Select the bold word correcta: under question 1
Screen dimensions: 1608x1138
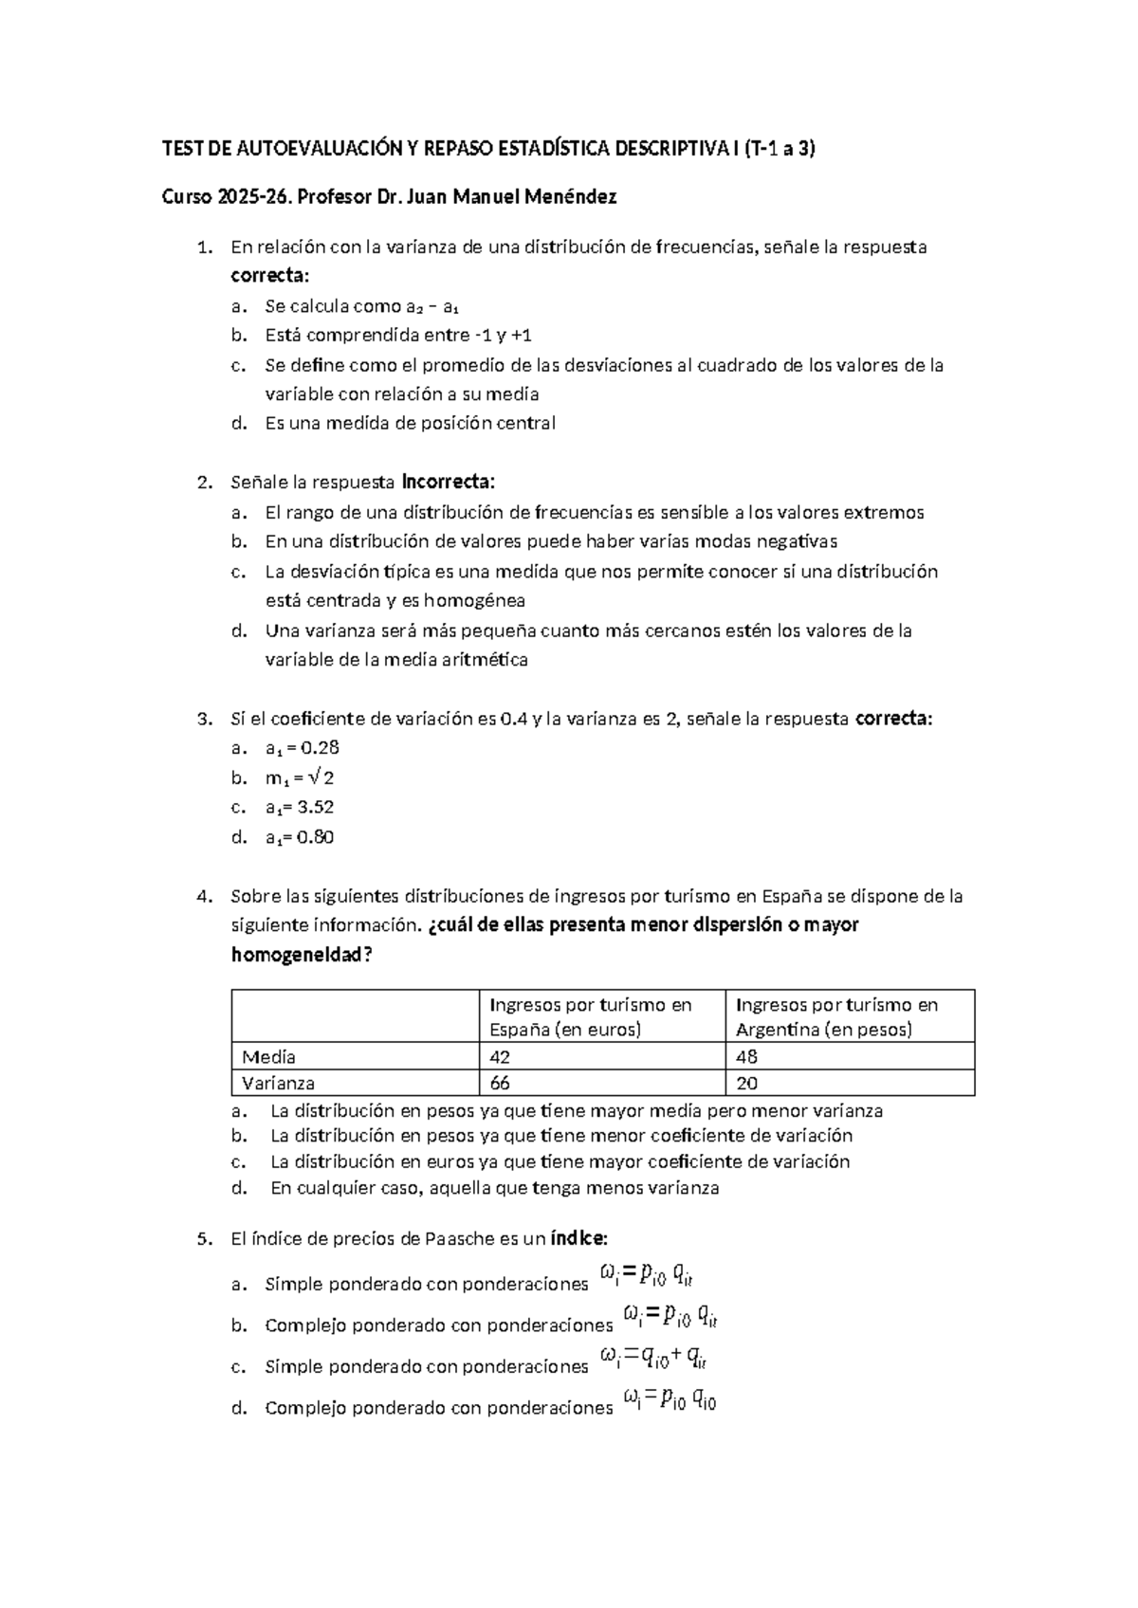(x=270, y=276)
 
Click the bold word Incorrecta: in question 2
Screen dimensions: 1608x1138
(x=449, y=482)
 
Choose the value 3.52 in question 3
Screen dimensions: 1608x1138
(x=315, y=808)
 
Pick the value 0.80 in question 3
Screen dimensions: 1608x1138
(x=315, y=837)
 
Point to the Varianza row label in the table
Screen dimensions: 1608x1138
(x=278, y=1083)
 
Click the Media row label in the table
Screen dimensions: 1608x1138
(x=268, y=1057)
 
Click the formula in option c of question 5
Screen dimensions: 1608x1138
(x=653, y=1360)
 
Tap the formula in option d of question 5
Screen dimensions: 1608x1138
(x=670, y=1399)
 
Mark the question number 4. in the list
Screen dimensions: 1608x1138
(x=203, y=896)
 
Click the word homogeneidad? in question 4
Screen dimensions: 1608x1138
(x=302, y=955)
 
